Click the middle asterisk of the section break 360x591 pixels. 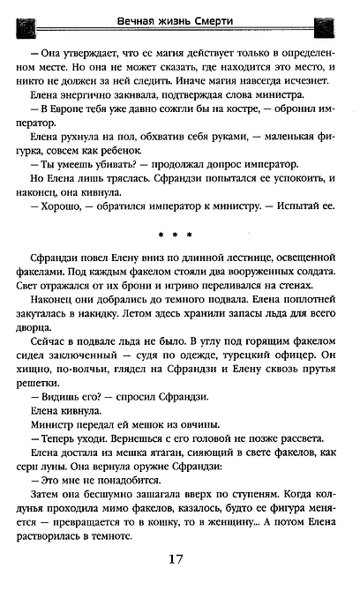pos(181,236)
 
